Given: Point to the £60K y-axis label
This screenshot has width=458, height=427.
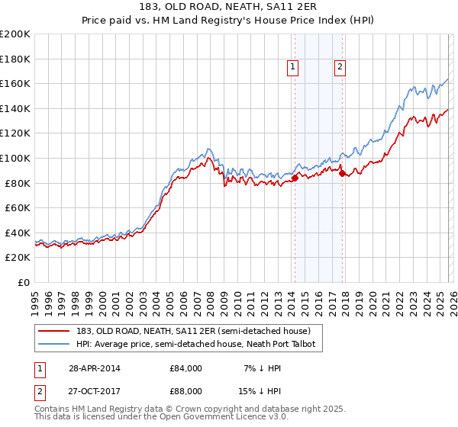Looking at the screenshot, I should [x=18, y=207].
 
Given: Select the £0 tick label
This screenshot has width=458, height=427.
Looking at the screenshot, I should [x=24, y=282].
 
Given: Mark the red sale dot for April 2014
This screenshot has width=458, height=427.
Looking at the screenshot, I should [x=295, y=178].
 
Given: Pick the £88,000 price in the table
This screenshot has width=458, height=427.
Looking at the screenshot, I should [x=185, y=390].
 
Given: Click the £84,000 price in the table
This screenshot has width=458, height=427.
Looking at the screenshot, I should [x=185, y=368].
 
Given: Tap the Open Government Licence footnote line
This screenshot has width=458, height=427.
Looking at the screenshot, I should [x=162, y=419].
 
